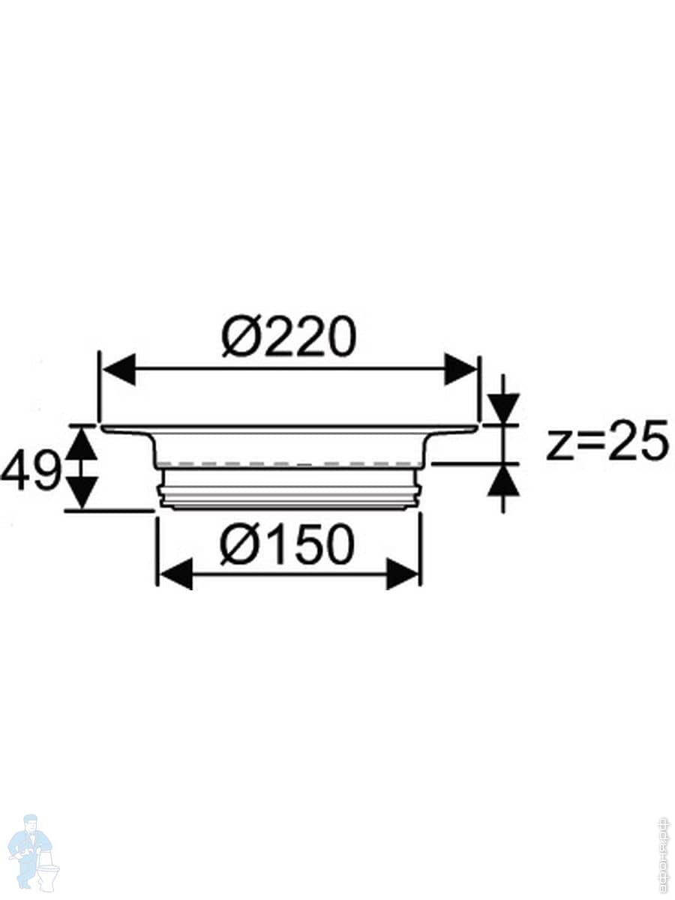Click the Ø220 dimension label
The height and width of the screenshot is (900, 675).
[x=288, y=337]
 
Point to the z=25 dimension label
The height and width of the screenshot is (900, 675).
[x=607, y=442]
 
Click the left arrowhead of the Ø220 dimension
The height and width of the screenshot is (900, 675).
[x=118, y=370]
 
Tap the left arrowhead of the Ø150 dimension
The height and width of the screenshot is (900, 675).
[x=175, y=575]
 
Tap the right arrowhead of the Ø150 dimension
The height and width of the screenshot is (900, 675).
[x=402, y=575]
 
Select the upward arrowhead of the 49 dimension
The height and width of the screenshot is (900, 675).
[x=82, y=443]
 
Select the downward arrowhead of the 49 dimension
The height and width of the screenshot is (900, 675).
[x=82, y=493]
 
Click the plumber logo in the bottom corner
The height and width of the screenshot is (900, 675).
[x=31, y=852]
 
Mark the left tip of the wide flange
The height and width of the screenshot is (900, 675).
[x=103, y=429]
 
